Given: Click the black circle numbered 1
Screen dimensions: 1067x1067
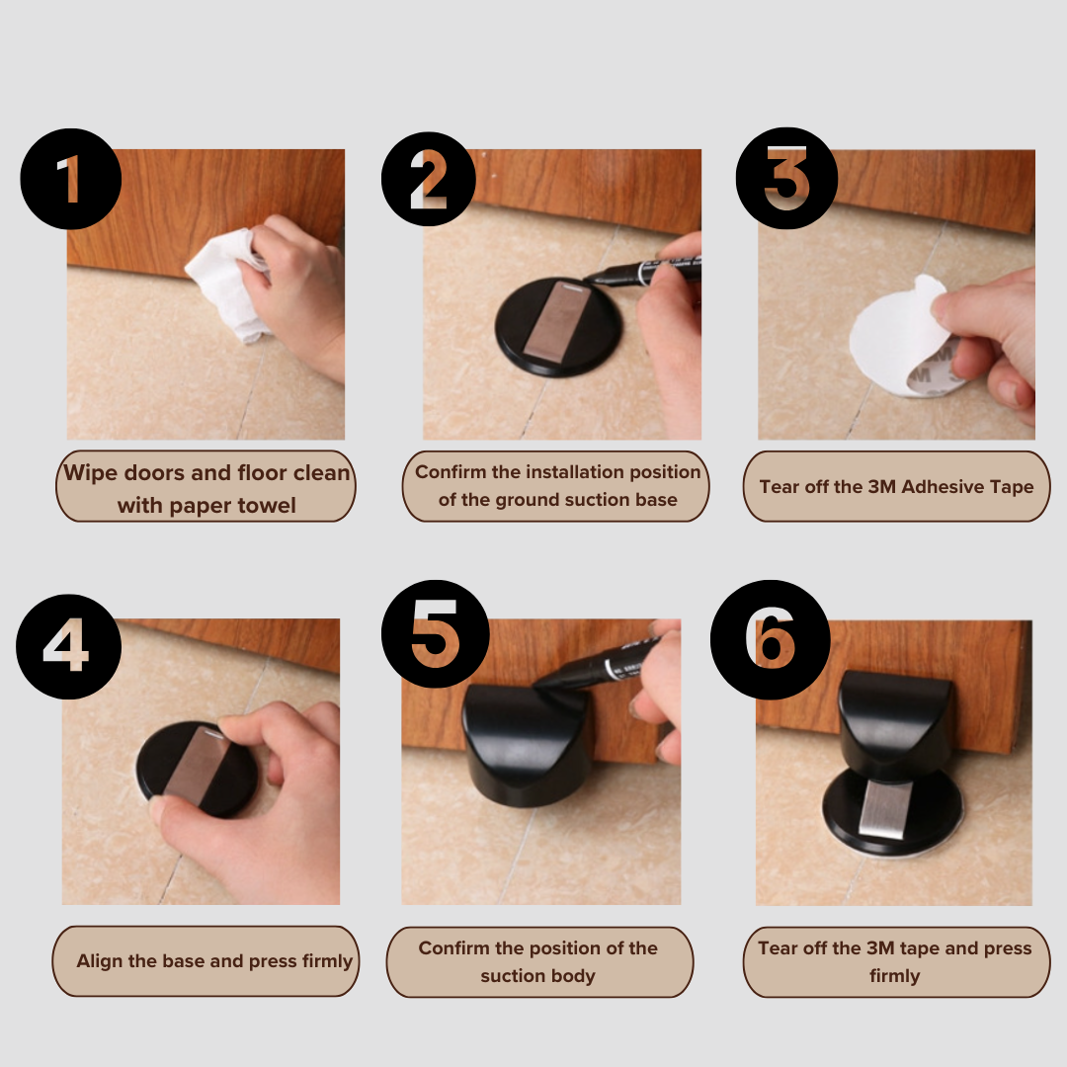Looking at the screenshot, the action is coord(71,178).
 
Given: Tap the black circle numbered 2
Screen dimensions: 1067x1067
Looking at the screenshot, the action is coord(429,179).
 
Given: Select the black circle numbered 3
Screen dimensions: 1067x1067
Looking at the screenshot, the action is coord(786,178).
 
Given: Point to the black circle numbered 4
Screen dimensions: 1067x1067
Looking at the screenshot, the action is coord(69,646).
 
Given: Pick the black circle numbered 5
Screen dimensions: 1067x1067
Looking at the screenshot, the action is coord(436,634).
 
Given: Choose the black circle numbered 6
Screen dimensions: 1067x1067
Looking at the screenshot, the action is coord(771,639).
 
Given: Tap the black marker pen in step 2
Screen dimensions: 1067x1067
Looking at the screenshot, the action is coord(642,270).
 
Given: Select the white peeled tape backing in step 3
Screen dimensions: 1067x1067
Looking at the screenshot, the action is coord(898,334).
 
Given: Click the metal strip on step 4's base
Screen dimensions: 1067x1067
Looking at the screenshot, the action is coord(193,762).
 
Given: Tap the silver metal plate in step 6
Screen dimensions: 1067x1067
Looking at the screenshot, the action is coord(884,808).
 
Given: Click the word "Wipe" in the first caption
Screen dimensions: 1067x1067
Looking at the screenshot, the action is coord(91,472).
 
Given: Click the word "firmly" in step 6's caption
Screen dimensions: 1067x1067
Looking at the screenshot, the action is coord(895,976).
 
